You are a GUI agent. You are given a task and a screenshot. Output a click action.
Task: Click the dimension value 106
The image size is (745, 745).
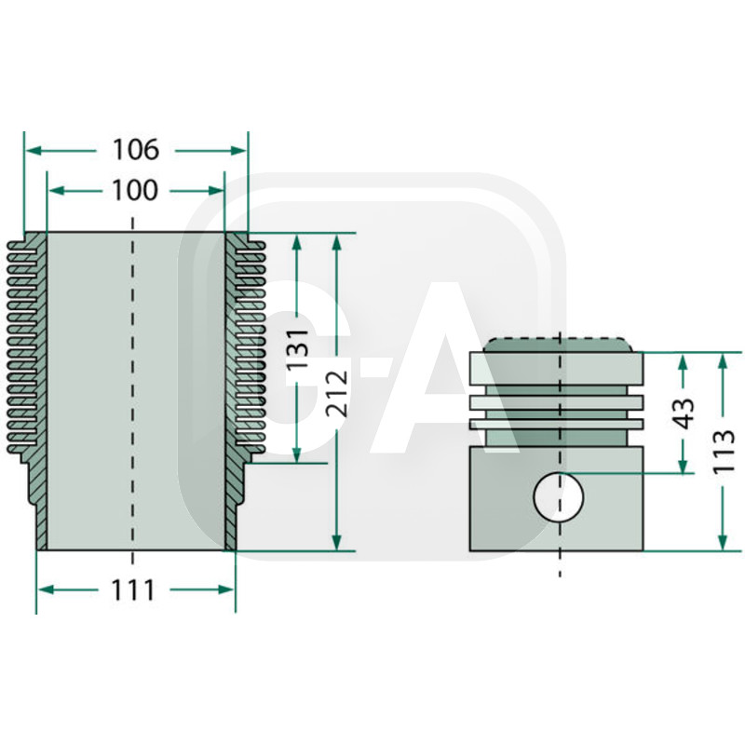[x=136, y=149]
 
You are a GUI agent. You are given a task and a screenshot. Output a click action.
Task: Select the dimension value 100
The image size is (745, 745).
[x=136, y=191]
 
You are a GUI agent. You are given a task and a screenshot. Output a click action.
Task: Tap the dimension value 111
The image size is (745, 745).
[x=136, y=589]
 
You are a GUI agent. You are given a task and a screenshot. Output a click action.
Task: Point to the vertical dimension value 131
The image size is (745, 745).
[x=297, y=349]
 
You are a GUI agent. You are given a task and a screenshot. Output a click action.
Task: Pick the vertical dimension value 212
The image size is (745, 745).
[x=337, y=392]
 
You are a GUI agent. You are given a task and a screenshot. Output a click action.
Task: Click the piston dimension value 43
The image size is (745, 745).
[x=684, y=413]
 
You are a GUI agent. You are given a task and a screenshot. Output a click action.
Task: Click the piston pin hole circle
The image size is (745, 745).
[x=559, y=496]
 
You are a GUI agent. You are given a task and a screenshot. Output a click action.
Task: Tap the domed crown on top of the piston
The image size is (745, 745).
[x=557, y=344]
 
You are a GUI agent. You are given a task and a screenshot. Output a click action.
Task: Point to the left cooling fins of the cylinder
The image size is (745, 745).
[x=24, y=345]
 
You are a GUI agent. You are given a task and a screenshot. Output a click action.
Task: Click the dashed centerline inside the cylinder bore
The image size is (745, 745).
[x=135, y=391]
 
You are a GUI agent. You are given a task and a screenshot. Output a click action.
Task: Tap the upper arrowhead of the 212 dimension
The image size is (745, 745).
[x=337, y=240]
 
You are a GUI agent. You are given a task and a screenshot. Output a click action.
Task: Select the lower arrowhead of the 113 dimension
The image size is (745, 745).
[x=724, y=544]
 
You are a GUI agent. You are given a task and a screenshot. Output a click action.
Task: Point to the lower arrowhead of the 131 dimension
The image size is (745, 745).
[x=297, y=455]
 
